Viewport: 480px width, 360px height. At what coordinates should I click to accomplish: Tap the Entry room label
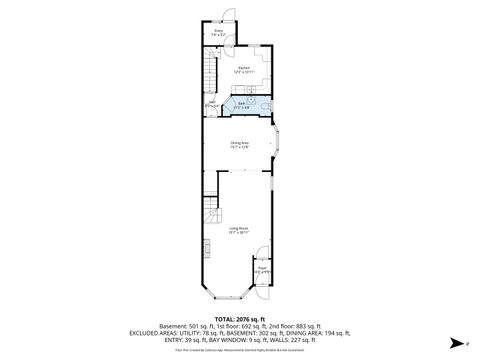click(218, 33)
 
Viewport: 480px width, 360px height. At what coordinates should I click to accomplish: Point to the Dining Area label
click(240, 145)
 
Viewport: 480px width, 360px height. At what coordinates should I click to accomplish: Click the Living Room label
click(238, 230)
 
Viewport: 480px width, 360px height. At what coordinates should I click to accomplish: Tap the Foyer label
click(262, 269)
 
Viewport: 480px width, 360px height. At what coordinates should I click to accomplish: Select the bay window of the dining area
click(280, 145)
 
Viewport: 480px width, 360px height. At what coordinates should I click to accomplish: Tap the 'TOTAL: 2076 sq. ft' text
click(240, 318)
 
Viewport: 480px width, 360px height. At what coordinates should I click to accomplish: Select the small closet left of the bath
click(212, 104)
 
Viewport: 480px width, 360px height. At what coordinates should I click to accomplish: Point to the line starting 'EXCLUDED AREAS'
click(240, 333)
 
